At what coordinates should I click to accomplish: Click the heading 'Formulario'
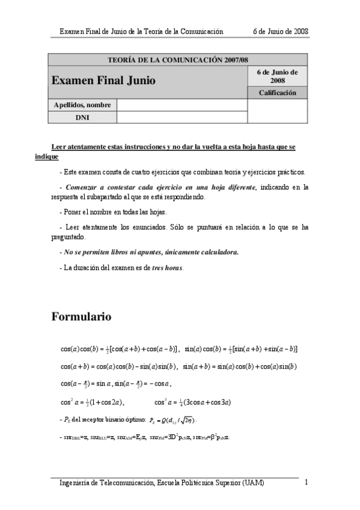tap(82, 316)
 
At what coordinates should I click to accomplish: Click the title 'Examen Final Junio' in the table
tap(104, 80)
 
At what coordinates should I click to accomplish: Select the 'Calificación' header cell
tap(278, 93)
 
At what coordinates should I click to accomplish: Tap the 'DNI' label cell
tap(82, 117)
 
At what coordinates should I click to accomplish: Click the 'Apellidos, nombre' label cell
tap(82, 105)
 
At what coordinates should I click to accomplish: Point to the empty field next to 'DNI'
tap(182, 117)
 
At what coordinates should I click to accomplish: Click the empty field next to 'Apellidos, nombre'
tap(182, 105)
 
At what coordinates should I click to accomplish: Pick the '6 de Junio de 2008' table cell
tap(278, 76)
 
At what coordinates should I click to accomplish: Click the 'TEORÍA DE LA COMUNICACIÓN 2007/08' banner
tap(177, 60)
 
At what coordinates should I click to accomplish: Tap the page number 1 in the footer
tap(307, 482)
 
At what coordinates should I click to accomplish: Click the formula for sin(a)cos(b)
tap(241, 349)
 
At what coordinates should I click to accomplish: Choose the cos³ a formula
tap(193, 403)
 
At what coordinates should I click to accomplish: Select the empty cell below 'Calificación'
tap(278, 111)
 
